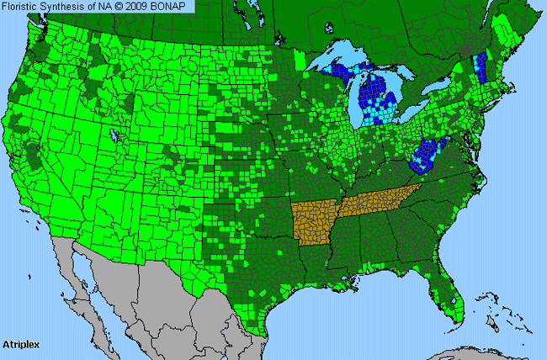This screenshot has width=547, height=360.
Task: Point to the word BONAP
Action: click(x=171, y=6)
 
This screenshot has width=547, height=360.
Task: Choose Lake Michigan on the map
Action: click(x=354, y=101)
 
